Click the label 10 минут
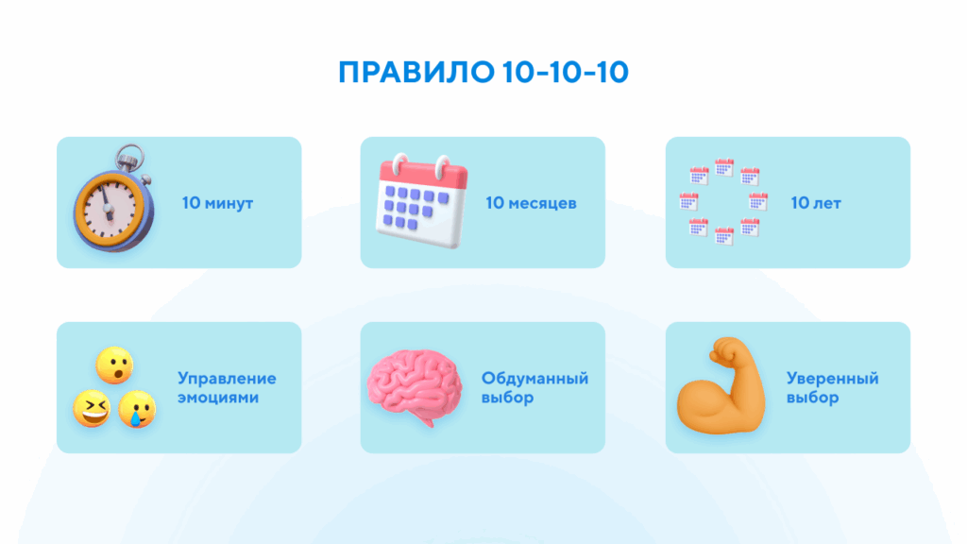(218, 203)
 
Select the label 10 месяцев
(531, 203)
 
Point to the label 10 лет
(816, 203)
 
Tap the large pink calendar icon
(419, 202)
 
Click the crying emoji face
(137, 411)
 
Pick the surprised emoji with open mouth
(114, 365)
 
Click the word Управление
(227, 379)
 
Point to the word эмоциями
(218, 398)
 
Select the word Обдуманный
(534, 379)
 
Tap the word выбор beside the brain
(508, 398)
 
